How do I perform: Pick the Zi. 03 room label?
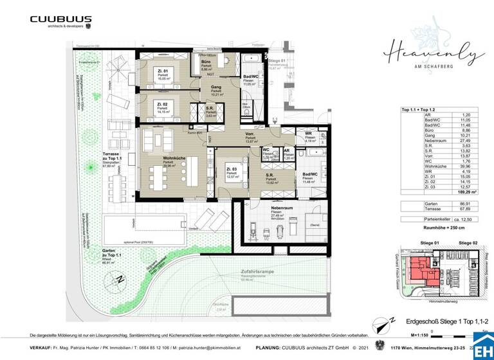228,168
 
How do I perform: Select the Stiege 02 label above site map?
467,243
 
